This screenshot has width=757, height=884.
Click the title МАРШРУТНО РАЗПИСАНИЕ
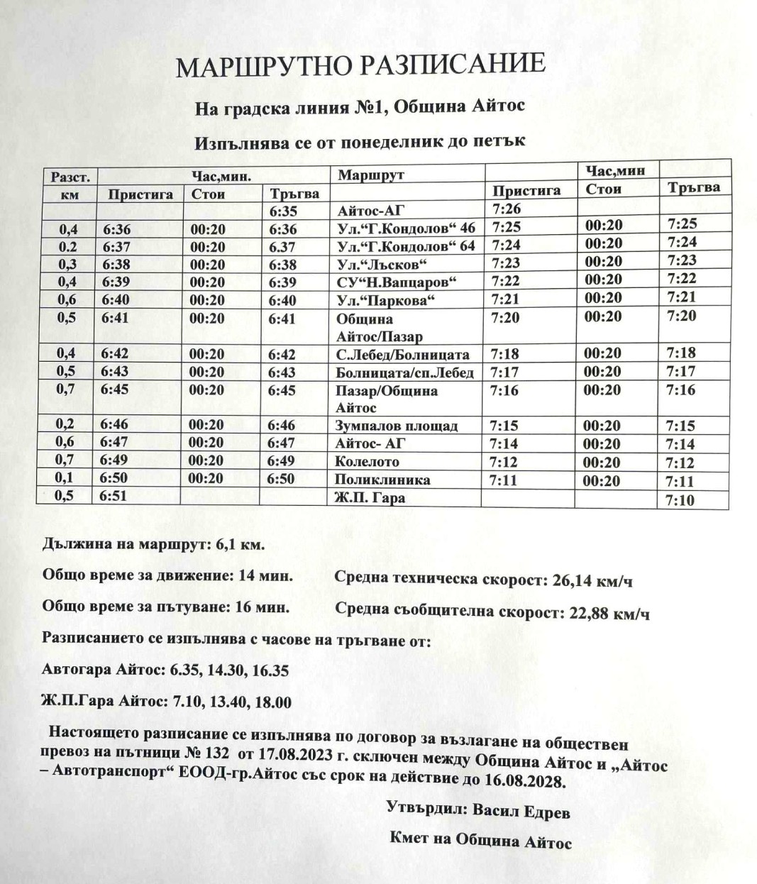[360, 66]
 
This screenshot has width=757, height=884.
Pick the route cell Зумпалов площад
[397, 426]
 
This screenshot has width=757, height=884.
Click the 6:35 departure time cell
[283, 211]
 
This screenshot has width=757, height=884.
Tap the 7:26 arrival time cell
[505, 209]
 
